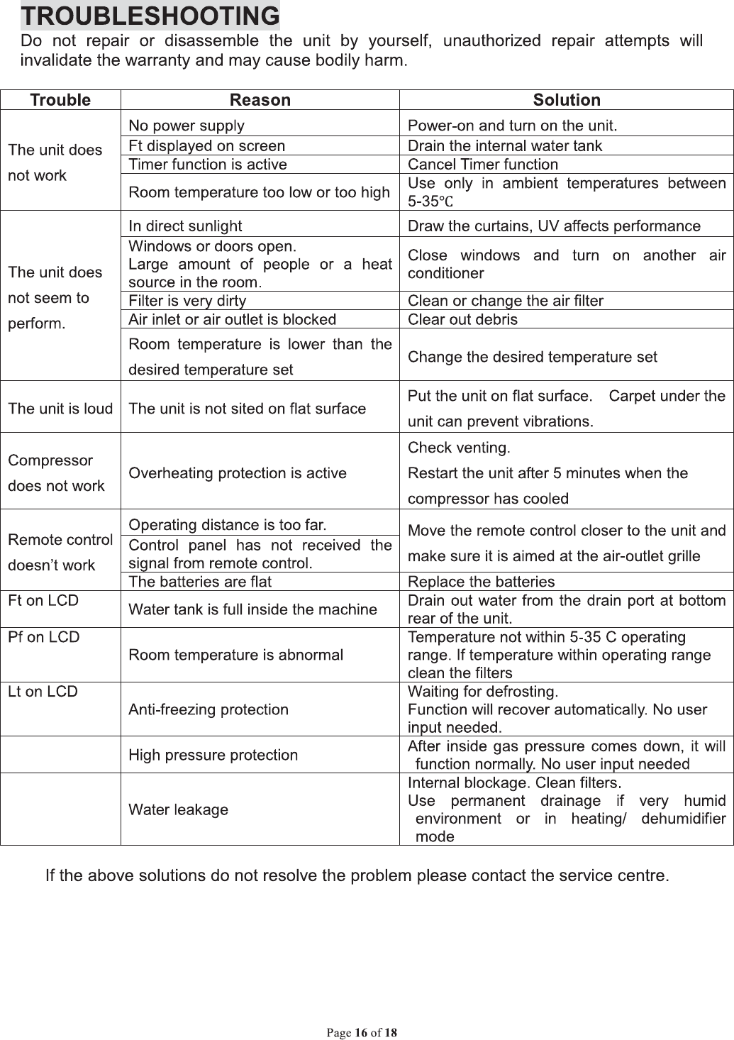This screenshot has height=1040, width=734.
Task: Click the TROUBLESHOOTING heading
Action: point(150,16)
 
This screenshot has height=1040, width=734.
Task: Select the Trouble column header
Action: point(60,100)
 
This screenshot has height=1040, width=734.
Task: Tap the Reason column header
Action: point(260,100)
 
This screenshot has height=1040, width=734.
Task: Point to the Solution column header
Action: point(566,100)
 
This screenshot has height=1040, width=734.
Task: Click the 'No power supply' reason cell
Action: point(187,126)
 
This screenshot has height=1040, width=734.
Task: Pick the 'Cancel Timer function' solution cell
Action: point(483,165)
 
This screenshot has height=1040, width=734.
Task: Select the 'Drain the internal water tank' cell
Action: point(505,146)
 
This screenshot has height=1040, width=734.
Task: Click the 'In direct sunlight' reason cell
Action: point(185,226)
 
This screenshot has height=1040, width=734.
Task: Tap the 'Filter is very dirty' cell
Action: point(187,301)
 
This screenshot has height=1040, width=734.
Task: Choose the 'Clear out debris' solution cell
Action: point(462,319)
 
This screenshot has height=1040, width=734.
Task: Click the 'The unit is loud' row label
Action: point(60,409)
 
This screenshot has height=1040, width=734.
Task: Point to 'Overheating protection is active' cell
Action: point(238,473)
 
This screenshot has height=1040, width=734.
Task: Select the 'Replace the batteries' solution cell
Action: point(482,582)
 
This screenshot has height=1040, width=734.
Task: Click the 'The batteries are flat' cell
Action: point(200,582)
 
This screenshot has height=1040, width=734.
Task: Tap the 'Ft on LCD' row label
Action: point(43,601)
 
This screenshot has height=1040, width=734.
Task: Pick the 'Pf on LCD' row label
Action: point(43,637)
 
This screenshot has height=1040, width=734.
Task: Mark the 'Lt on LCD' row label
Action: point(43,692)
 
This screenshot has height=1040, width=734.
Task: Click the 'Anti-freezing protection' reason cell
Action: point(208,709)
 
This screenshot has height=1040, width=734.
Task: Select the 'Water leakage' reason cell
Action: point(178,809)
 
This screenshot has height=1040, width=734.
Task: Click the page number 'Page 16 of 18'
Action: point(362,1032)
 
